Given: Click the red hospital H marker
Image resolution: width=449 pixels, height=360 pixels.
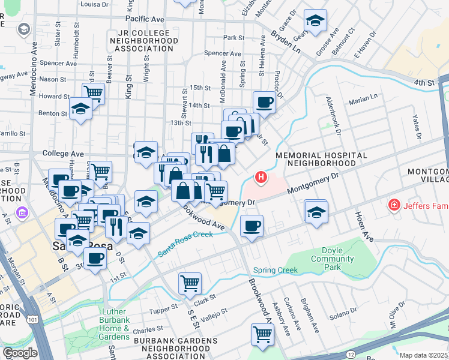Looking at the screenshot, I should point(261,177).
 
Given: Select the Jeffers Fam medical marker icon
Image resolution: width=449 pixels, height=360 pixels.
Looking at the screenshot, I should point(394,206).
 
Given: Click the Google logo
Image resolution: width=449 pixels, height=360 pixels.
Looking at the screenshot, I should point(20,353).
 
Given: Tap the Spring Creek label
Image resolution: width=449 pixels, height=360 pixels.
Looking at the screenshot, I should point(276,270).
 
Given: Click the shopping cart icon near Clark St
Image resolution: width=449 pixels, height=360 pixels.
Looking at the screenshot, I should point(190,282).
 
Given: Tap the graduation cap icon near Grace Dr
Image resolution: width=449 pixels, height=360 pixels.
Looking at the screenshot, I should point(315,21).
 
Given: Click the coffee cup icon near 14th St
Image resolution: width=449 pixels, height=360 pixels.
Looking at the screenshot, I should point(264,102).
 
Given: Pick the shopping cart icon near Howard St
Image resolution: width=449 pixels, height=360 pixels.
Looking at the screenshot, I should point(93,93).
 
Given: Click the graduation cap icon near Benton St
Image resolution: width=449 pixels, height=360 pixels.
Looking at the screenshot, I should point(80,109).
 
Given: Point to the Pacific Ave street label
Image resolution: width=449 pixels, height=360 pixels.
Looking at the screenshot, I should point(145,19).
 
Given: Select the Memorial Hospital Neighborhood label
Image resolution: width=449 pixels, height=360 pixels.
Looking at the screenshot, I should point(321,159).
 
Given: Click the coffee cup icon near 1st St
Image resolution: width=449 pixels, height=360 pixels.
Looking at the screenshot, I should point(95,259).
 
